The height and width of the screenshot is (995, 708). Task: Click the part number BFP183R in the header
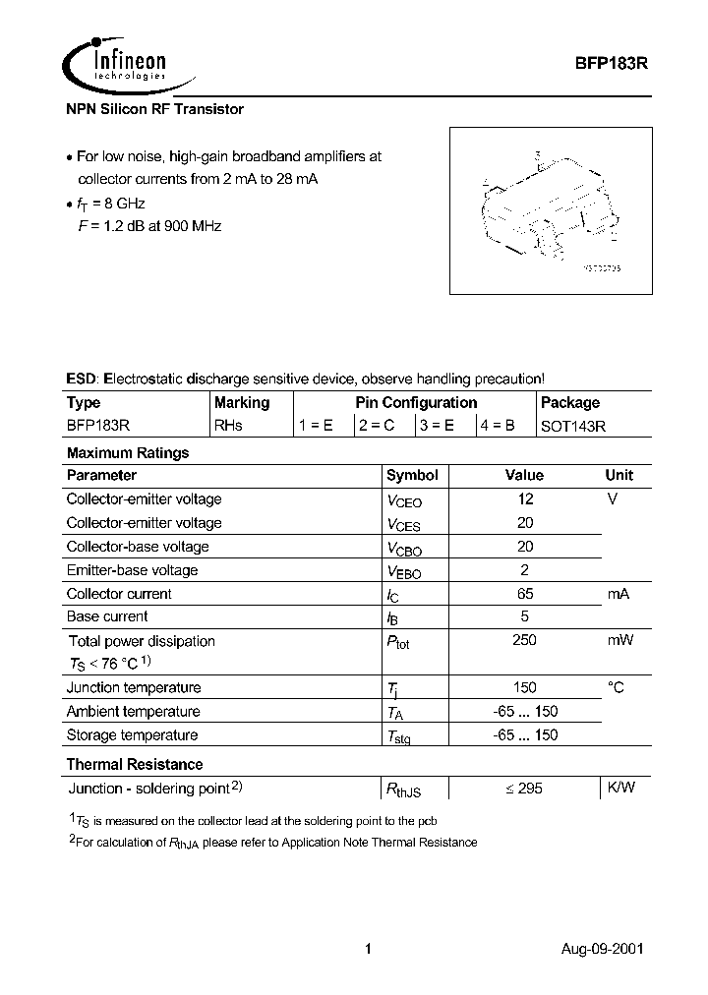click(610, 61)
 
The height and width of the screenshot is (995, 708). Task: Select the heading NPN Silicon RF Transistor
click(154, 109)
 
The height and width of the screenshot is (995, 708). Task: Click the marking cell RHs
click(228, 426)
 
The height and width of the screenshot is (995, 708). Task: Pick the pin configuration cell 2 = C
click(378, 426)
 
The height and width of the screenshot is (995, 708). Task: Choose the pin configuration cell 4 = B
click(498, 426)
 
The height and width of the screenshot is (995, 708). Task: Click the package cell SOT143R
click(573, 426)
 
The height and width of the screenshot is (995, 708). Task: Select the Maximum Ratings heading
click(127, 453)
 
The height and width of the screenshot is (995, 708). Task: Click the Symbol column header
click(412, 475)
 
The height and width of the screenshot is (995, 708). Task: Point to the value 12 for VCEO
click(525, 499)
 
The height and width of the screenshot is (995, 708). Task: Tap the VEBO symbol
click(403, 571)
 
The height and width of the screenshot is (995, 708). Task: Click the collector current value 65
click(525, 594)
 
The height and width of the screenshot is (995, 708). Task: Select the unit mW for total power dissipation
click(619, 640)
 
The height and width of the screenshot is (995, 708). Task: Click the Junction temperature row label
click(133, 687)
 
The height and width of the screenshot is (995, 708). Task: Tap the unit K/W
click(620, 788)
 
